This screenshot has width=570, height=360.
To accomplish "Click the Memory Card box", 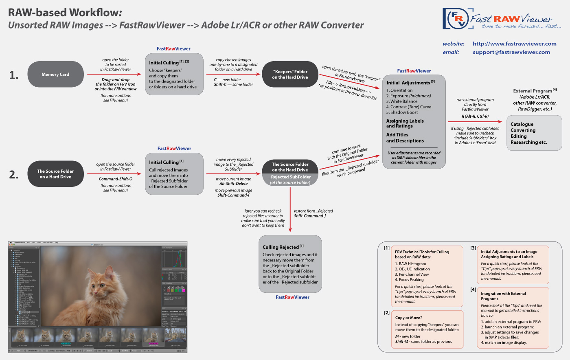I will click(x=55, y=75).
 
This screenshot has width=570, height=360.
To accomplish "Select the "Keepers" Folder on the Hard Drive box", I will click(x=290, y=75).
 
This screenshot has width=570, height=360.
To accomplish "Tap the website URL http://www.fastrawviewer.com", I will click(x=514, y=44).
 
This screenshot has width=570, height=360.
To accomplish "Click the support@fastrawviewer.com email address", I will click(x=511, y=52).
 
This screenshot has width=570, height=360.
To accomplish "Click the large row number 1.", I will click(x=14, y=75).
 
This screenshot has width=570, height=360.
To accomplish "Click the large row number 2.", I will click(x=14, y=175).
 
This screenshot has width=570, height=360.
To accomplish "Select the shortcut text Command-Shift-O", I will click(x=116, y=179).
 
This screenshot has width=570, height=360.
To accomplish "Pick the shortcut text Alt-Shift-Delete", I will click(x=233, y=184).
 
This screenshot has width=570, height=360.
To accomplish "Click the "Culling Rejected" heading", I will click(x=281, y=247).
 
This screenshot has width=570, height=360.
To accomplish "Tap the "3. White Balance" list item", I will click(x=402, y=101).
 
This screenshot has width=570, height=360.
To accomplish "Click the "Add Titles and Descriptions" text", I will click(x=405, y=138).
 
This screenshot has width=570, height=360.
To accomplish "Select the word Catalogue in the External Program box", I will click(x=522, y=124).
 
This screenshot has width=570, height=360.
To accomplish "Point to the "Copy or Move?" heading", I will click(x=408, y=318).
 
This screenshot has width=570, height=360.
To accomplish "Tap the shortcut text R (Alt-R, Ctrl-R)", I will click(x=475, y=116).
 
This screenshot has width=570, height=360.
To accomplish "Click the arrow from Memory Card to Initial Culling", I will click(x=113, y=75).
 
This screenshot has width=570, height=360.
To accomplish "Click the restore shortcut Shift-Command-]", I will click(x=310, y=216).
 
